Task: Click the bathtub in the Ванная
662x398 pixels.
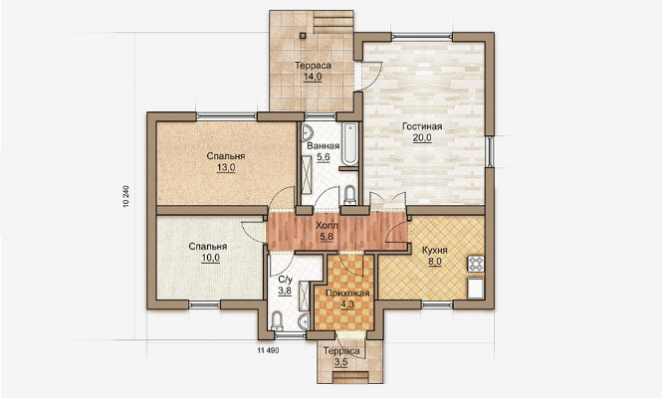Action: (x=349, y=144)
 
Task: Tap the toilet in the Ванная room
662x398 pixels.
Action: (x=350, y=195)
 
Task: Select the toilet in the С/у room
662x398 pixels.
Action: (x=277, y=320)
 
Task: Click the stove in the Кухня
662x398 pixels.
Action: (x=476, y=264)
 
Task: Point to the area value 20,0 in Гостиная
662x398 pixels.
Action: (x=422, y=138)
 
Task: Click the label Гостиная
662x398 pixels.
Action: (x=422, y=126)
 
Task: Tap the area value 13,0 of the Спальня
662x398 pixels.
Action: (x=226, y=167)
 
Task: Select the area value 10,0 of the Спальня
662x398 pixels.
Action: (x=210, y=258)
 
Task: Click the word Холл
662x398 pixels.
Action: (x=327, y=226)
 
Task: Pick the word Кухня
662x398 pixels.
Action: (x=435, y=251)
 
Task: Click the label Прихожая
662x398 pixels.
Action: (x=347, y=294)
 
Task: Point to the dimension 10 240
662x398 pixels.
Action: (x=125, y=196)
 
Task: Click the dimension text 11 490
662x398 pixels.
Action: (x=268, y=350)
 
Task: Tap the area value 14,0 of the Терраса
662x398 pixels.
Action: (x=313, y=77)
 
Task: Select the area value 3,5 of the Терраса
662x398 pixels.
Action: (x=341, y=362)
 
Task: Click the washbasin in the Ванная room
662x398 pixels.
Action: (x=307, y=132)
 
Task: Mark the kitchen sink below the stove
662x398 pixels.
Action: (x=476, y=289)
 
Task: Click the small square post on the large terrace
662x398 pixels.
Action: (x=303, y=36)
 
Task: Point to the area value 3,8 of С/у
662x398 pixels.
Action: (x=285, y=291)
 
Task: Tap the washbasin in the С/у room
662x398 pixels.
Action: (x=305, y=322)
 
